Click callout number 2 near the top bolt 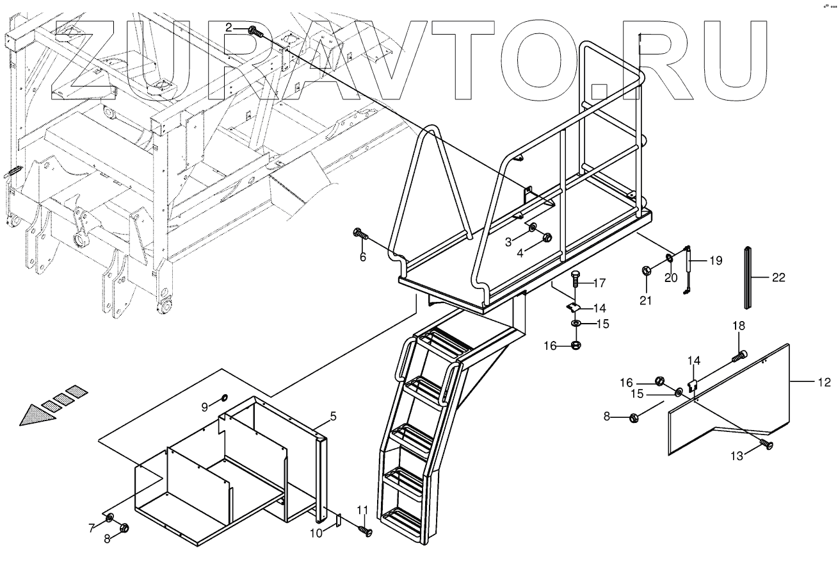point(229,27)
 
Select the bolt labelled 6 point(359,235)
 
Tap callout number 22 point(778,278)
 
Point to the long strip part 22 point(748,278)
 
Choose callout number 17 point(599,283)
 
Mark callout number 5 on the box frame point(333,417)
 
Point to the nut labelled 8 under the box point(125,528)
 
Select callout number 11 point(362,510)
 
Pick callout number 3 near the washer point(508,241)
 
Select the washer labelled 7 point(109,517)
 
